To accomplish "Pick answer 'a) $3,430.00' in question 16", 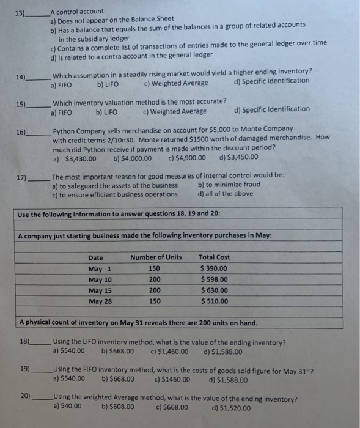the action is (x=75, y=158).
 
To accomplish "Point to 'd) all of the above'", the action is (x=226, y=194).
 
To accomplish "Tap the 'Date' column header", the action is (x=96, y=257).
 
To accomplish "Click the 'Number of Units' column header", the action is (x=156, y=257).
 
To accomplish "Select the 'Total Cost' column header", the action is (x=214, y=257).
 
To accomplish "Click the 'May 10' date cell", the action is (x=100, y=279).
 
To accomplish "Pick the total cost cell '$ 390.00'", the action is (x=214, y=268).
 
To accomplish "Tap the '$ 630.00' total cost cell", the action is (x=214, y=290).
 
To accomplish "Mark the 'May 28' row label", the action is (x=100, y=301).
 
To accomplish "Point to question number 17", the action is (x=21, y=177).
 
